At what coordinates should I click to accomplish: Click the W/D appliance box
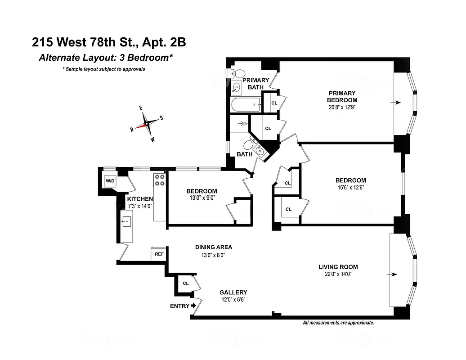[x=110, y=181]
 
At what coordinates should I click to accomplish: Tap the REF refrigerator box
[x=159, y=254]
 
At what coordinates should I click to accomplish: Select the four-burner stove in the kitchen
[x=160, y=180]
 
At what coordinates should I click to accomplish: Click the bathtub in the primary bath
[x=246, y=105]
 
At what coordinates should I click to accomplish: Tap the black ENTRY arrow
[x=193, y=306]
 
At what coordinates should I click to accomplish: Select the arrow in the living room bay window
[x=394, y=274]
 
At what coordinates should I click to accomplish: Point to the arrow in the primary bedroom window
[x=395, y=103]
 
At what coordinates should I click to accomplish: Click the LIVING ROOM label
[x=338, y=267]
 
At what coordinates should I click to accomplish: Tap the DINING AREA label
[x=213, y=247]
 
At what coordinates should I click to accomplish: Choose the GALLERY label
[x=233, y=292]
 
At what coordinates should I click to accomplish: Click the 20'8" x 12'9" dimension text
[x=342, y=107]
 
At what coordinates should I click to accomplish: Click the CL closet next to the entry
[x=186, y=283]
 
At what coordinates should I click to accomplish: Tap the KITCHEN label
[x=140, y=199]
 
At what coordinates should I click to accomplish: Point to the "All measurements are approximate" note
[x=338, y=323]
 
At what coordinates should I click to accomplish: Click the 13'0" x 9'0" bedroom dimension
[x=202, y=198]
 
